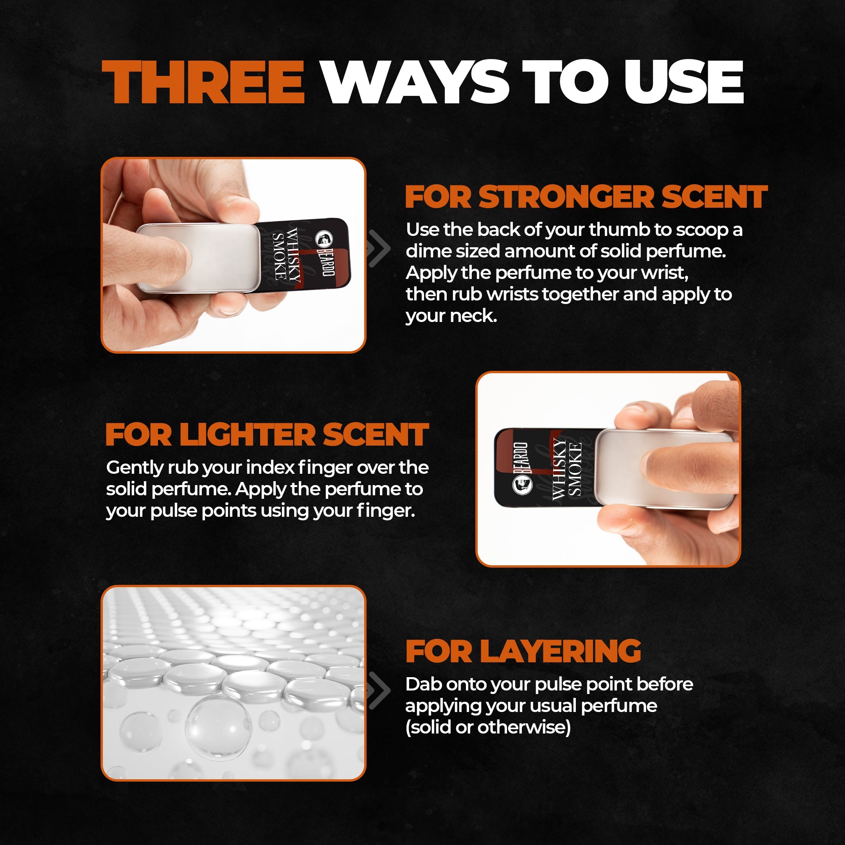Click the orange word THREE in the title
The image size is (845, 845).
pyautogui.click(x=203, y=82)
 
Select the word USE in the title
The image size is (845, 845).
pyautogui.click(x=684, y=82)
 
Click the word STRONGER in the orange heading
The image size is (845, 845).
pyautogui.click(x=567, y=197)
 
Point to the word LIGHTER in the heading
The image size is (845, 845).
pyautogui.click(x=248, y=435)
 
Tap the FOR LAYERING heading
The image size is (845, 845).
pyautogui.click(x=523, y=651)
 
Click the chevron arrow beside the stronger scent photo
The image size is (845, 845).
pyautogui.click(x=379, y=248)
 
